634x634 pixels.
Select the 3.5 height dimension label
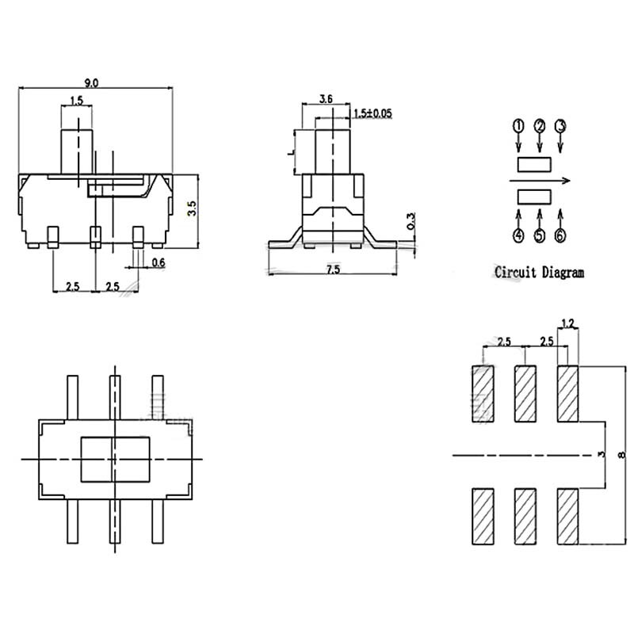190,210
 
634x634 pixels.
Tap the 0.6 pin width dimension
158,262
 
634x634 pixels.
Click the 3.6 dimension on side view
325,99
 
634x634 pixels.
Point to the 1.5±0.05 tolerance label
372,114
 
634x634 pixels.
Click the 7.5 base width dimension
332,270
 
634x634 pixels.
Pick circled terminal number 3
560,126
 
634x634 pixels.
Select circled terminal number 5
540,235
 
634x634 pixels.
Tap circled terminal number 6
560,235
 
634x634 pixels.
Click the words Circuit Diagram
539,272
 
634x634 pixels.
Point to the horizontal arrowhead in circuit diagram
567,181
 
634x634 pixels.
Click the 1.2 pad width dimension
567,323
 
